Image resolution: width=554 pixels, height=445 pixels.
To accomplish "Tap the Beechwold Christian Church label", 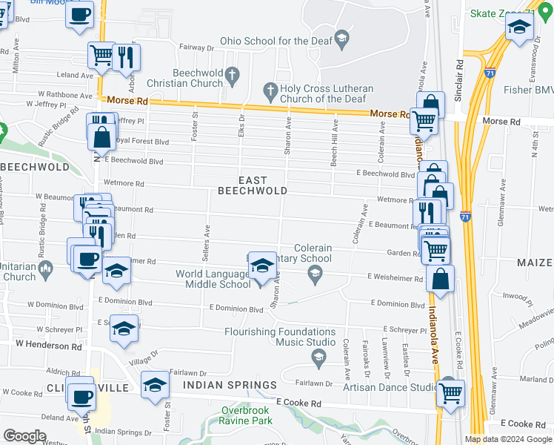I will click(197, 78).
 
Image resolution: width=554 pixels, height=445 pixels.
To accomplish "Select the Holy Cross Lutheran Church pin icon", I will click(270, 93).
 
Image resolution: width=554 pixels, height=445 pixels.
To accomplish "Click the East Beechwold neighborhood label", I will click(252, 185).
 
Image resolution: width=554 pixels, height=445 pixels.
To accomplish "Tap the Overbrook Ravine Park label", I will click(247, 415).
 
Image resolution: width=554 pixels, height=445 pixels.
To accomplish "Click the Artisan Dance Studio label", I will click(391, 387).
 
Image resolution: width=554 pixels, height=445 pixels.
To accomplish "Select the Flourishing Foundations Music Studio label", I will click(280, 337).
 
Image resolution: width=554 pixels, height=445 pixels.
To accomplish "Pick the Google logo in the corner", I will click(25, 436).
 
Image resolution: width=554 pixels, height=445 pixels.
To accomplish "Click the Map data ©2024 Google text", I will click(507, 439).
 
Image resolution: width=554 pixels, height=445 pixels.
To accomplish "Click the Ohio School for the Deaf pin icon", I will click(341, 39).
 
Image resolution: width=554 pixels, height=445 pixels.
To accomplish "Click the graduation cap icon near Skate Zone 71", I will click(519, 27).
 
